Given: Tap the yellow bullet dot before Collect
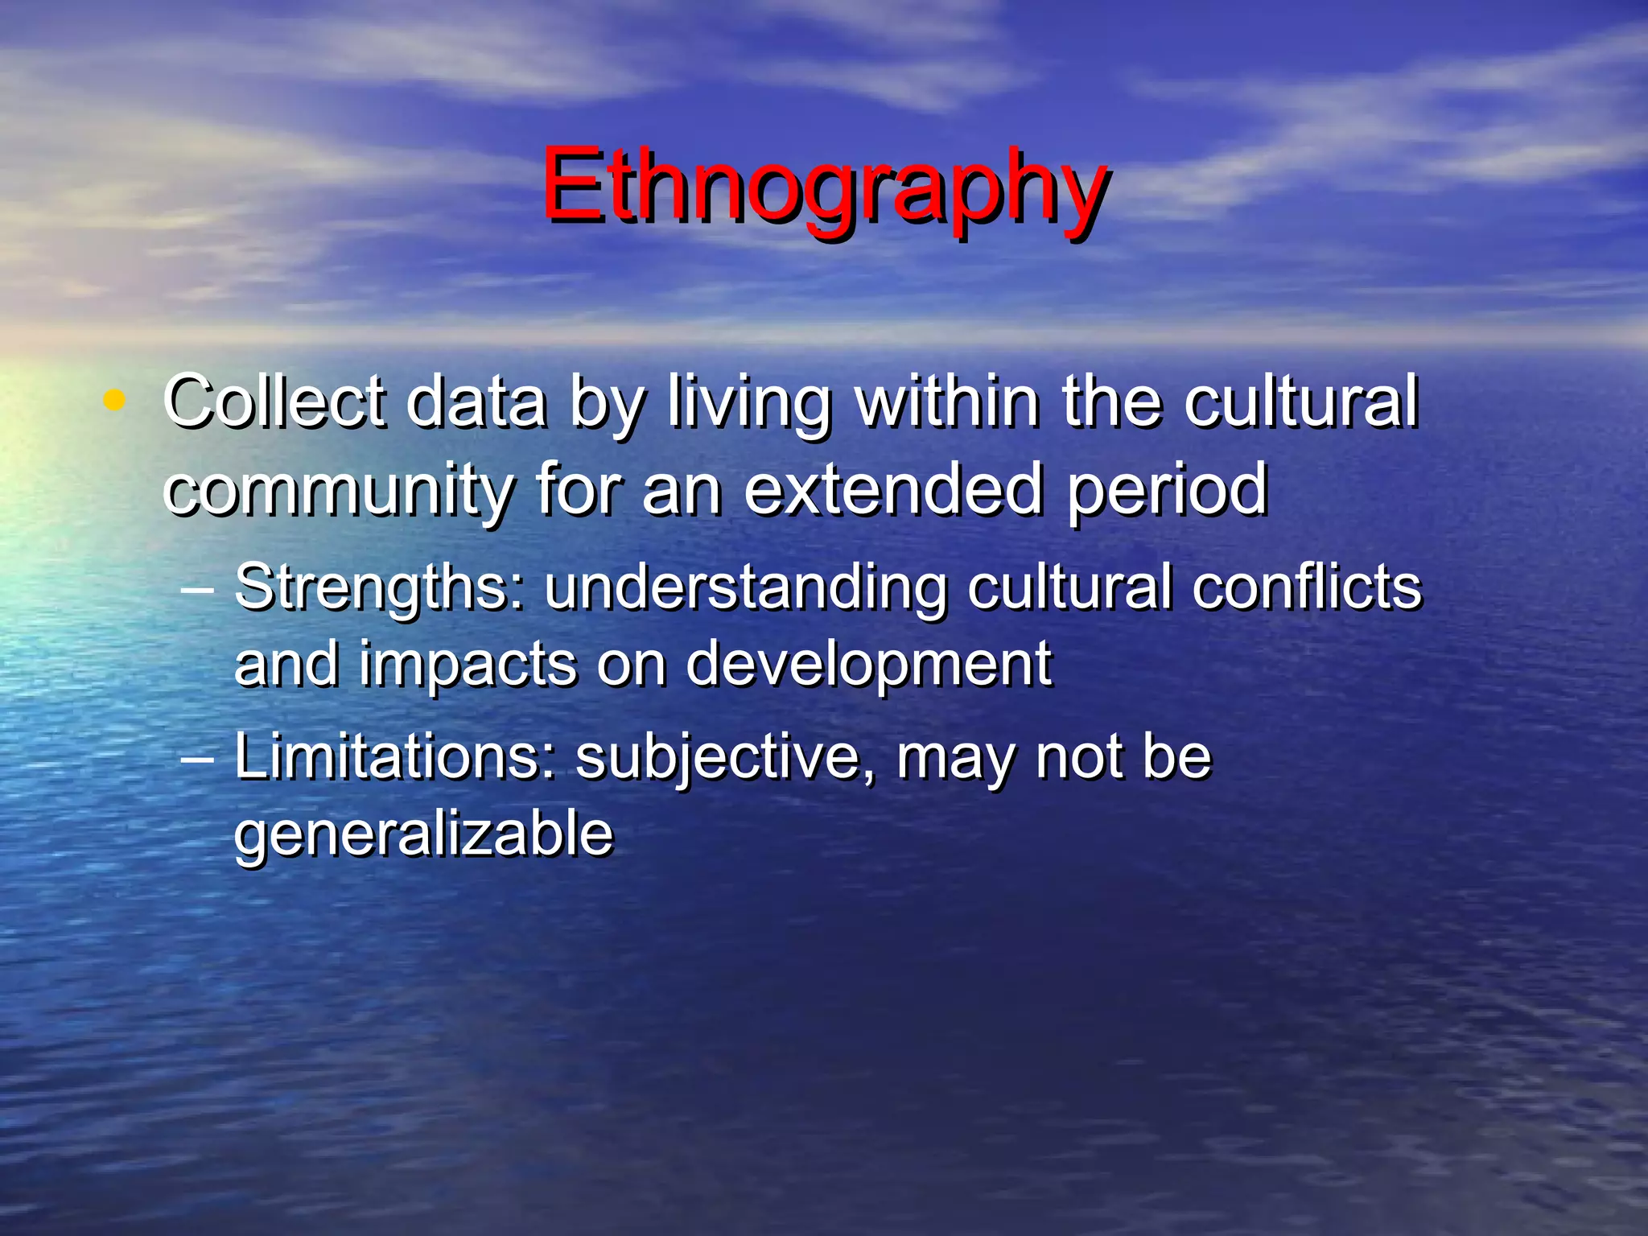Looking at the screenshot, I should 114,400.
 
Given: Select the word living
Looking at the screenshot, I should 749,402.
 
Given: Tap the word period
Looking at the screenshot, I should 1168,491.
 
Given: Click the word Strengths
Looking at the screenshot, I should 378,588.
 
